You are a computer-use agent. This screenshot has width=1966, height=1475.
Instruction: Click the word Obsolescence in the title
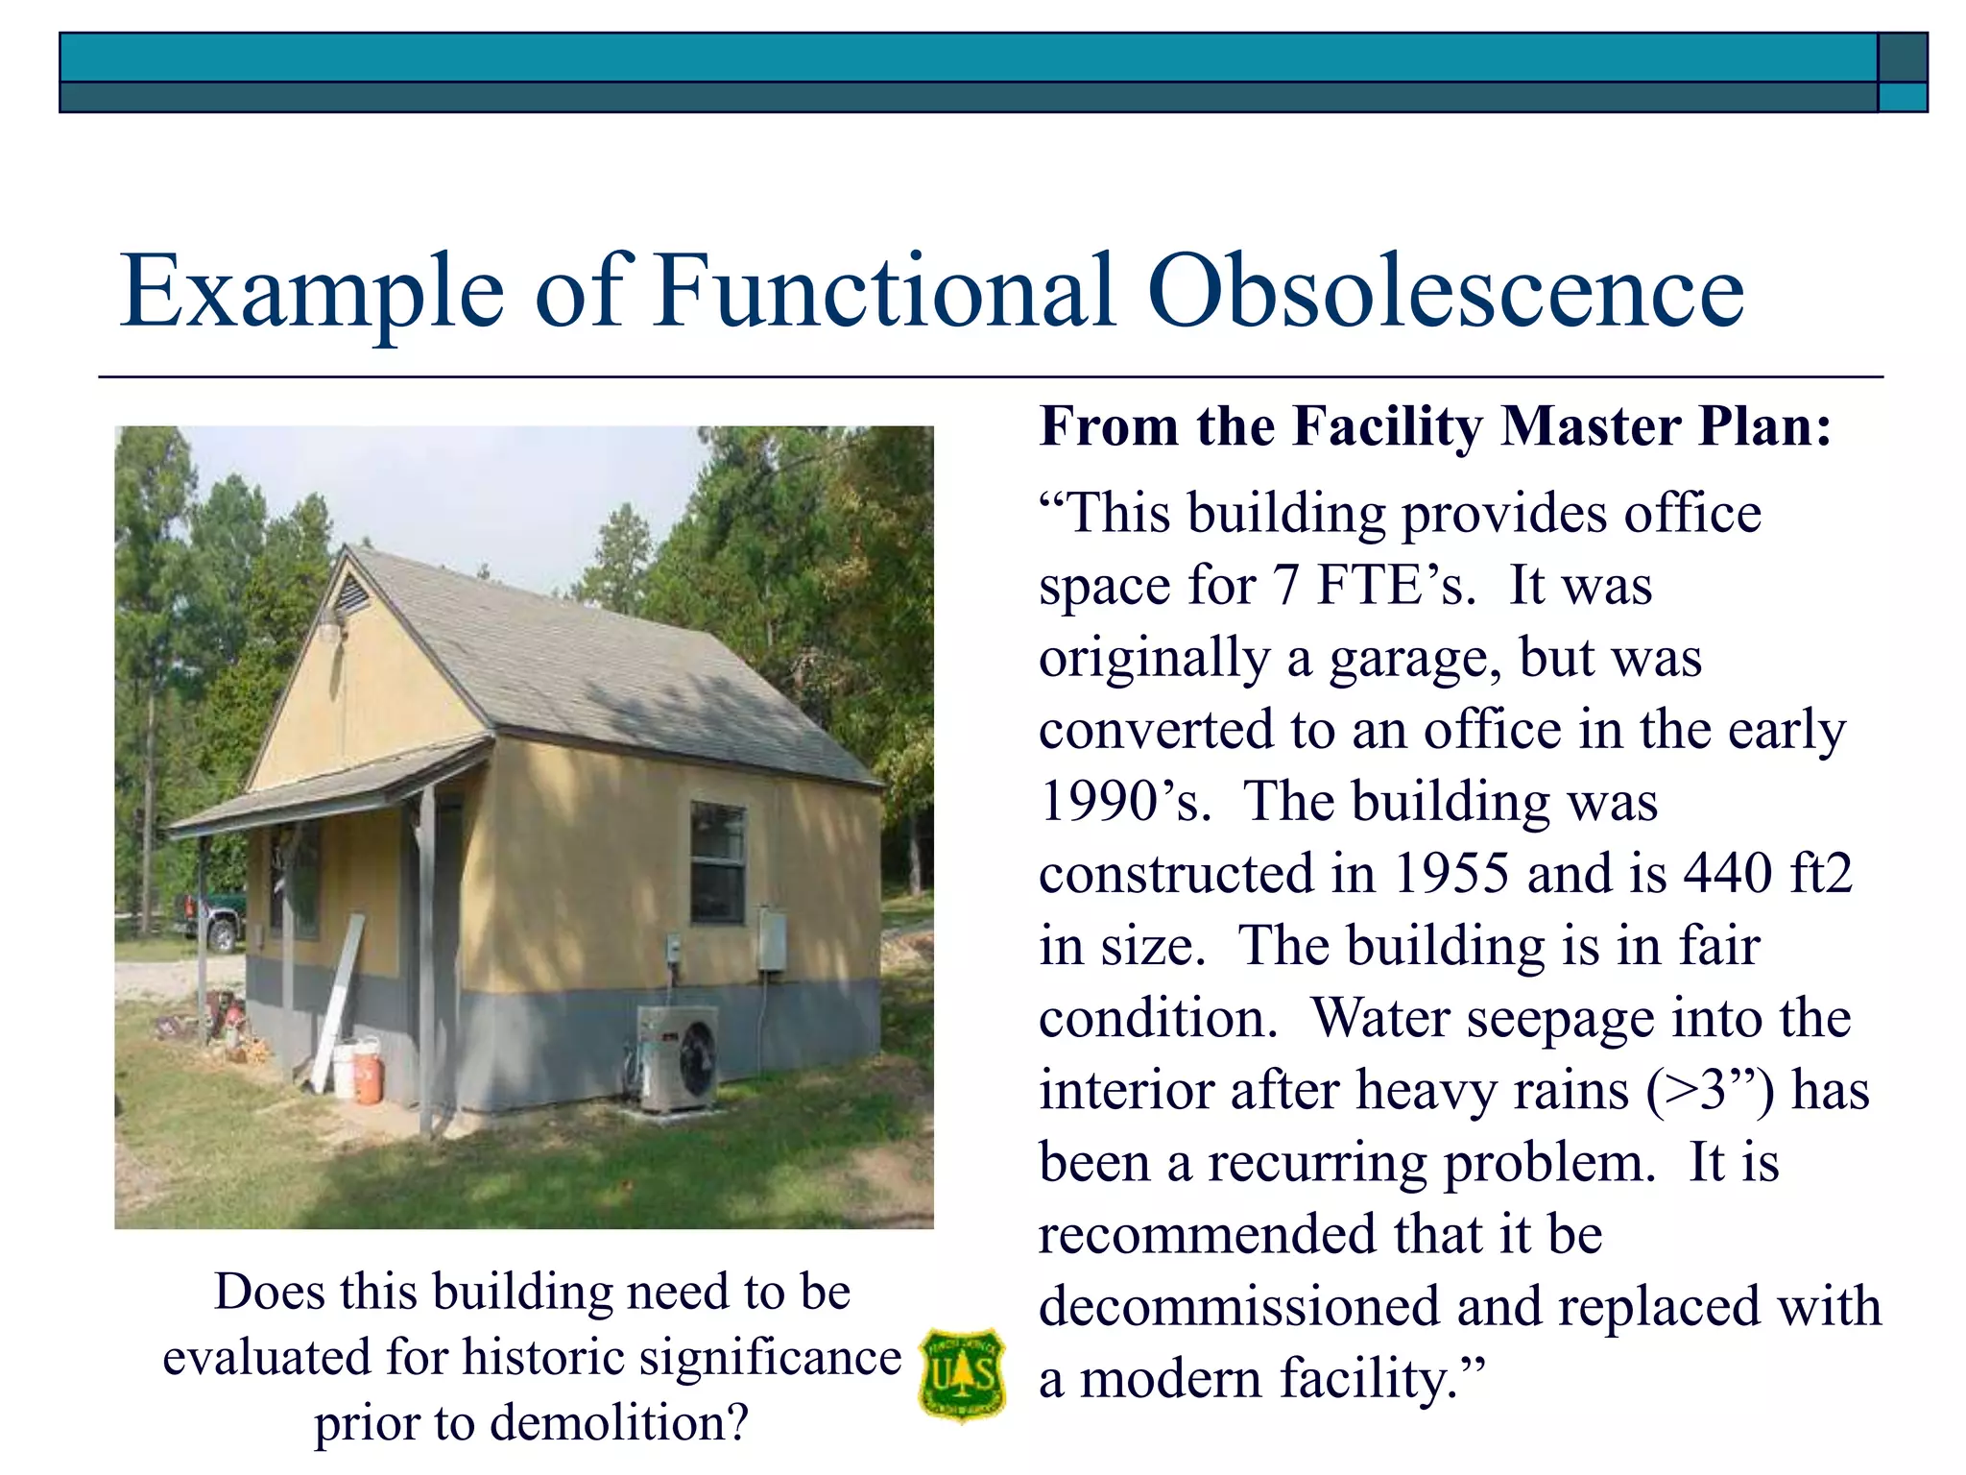pos(1445,290)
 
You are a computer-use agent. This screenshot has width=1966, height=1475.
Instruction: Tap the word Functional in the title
pos(884,290)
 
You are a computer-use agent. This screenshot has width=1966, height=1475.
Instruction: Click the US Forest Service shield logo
pos(962,1374)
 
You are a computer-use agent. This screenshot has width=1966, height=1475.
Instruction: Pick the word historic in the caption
pos(544,1358)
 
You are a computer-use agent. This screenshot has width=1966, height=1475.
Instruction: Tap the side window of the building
pos(718,861)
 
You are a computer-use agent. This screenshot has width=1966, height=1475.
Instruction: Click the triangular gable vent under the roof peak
pos(350,592)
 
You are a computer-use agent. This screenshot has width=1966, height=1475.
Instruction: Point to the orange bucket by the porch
pos(368,1072)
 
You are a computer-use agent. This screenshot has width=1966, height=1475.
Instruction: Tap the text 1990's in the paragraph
pos(1124,802)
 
